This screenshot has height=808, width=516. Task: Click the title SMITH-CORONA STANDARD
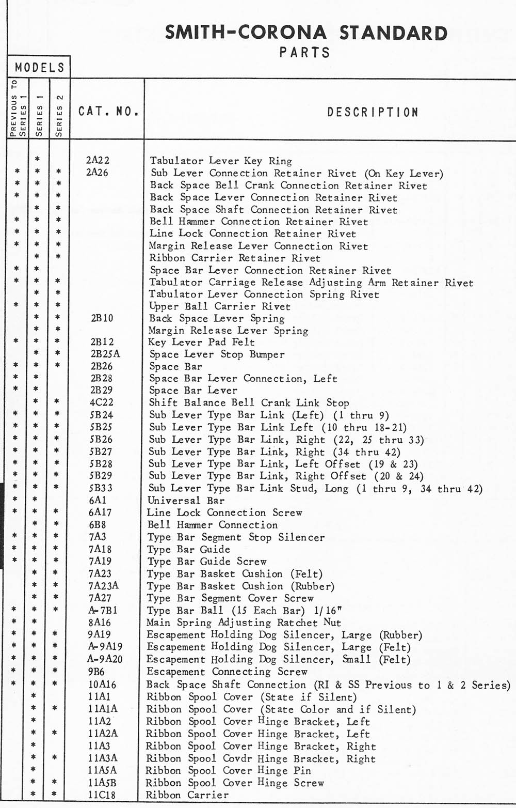(306, 33)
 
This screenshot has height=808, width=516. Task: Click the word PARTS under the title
(304, 53)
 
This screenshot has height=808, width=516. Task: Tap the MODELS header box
(39, 67)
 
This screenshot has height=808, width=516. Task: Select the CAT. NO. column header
(108, 111)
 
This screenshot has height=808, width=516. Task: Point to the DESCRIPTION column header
(373, 112)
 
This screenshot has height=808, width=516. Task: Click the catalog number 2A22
(98, 161)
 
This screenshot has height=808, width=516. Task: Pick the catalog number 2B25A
(105, 354)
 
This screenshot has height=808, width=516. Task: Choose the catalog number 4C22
(101, 402)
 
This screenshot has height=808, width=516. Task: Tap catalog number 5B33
(101, 488)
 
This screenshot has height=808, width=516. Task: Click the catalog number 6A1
(98, 500)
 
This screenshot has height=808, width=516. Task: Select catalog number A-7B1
(103, 610)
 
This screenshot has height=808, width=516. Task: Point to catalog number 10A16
(102, 685)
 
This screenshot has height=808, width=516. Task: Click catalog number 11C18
(102, 795)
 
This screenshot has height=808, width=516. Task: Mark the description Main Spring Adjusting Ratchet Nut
(244, 623)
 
